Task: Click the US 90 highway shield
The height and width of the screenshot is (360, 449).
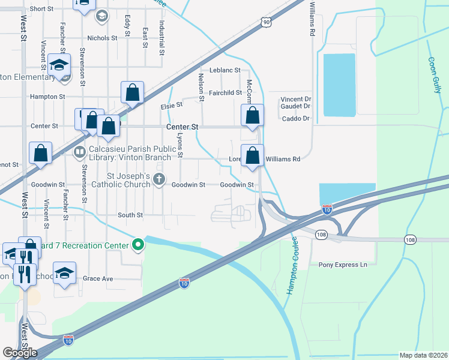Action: tap(266, 22)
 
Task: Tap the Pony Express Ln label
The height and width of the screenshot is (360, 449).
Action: tap(342, 265)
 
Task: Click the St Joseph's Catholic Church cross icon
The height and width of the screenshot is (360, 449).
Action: tap(159, 179)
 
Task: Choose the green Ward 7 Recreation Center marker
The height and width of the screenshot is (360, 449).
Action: tap(138, 245)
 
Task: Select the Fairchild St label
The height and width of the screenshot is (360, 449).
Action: tap(225, 93)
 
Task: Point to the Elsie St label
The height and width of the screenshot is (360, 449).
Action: tap(171, 106)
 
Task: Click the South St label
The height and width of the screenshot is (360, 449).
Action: tap(130, 215)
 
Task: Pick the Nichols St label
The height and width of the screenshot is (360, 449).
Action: tap(102, 38)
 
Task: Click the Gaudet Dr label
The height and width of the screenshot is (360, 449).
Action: tap(295, 106)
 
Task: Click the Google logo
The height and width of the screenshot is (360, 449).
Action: tap(20, 353)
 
